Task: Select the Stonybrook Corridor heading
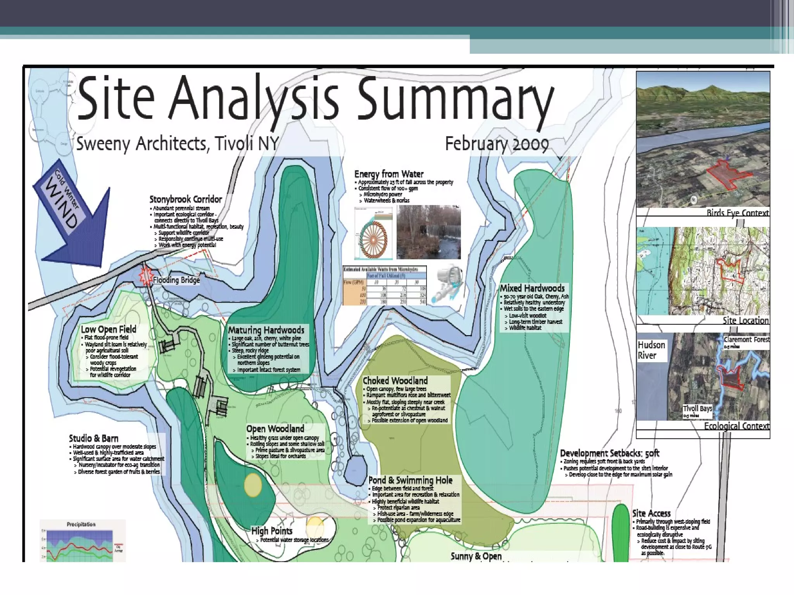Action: [x=186, y=199]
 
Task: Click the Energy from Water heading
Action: [x=389, y=174]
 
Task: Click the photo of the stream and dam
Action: [x=428, y=232]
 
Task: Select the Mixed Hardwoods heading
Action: [x=532, y=288]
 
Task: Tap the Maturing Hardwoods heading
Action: [x=266, y=330]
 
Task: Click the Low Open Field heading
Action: [x=109, y=329]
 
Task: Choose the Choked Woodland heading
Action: [x=395, y=380]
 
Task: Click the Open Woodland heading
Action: [x=275, y=429]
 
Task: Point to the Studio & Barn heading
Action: [x=93, y=439]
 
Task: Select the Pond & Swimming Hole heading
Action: [x=410, y=480]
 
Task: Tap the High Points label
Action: [x=272, y=531]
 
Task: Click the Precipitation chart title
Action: [x=81, y=524]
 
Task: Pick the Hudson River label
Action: [x=651, y=350]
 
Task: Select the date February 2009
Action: [x=497, y=144]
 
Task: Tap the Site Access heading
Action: [x=651, y=513]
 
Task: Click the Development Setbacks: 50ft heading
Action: [x=609, y=453]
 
